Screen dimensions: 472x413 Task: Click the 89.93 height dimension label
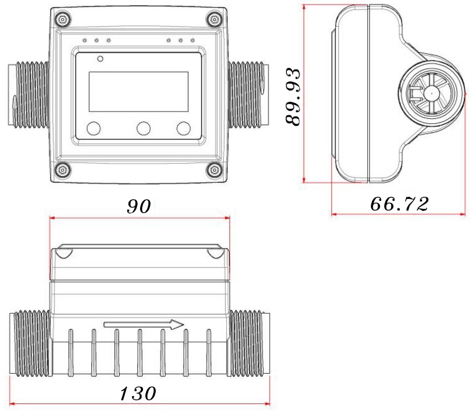(293, 97)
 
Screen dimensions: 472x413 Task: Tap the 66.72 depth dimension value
(399, 204)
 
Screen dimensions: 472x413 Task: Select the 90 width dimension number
(139, 206)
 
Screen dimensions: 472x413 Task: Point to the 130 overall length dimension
(138, 393)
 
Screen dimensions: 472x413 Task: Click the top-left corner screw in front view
(62, 20)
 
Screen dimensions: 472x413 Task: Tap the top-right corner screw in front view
(214, 20)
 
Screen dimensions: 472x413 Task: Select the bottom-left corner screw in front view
(62, 170)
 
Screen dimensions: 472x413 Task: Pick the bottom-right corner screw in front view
(214, 170)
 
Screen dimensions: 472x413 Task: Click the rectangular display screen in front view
(138, 92)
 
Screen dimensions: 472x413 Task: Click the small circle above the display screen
(101, 59)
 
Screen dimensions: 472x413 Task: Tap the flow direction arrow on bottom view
(143, 325)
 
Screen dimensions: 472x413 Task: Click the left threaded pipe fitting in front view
(29, 94)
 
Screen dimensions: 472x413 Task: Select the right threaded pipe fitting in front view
(246, 94)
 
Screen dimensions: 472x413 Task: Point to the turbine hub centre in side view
(432, 93)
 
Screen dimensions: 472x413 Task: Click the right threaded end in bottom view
(249, 343)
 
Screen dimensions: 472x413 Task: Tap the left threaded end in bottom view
(29, 343)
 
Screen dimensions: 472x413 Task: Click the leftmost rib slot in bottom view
(71, 352)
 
